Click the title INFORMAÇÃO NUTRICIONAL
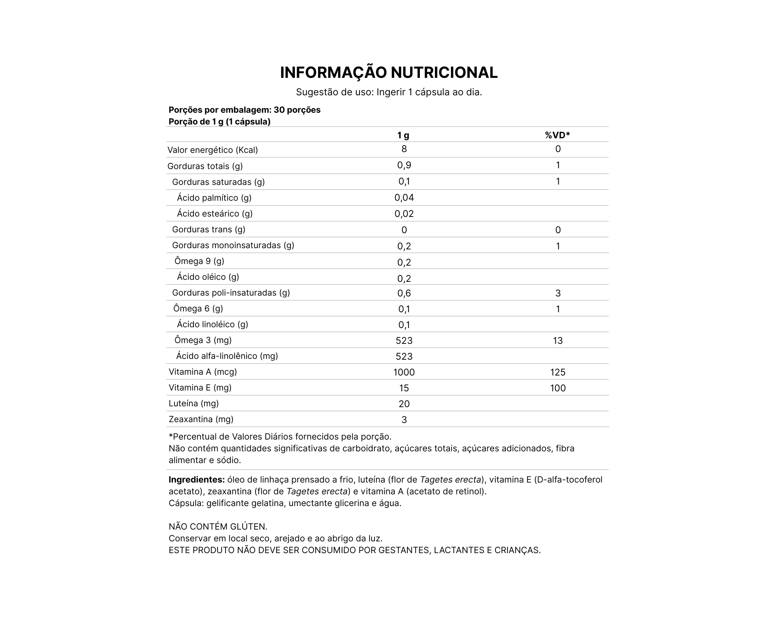pyautogui.click(x=389, y=73)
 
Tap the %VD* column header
pyautogui.click(x=557, y=135)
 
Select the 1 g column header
pyautogui.click(x=403, y=135)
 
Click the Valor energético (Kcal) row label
pyautogui.click(x=213, y=150)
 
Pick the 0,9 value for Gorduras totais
pyautogui.click(x=404, y=165)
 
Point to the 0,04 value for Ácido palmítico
pyautogui.click(x=404, y=198)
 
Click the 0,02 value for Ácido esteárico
pyautogui.click(x=404, y=214)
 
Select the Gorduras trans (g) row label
pyautogui.click(x=209, y=230)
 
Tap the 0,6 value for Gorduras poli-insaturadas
pyautogui.click(x=404, y=293)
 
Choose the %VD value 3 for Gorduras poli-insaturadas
pyautogui.click(x=558, y=293)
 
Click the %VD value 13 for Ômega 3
pyautogui.click(x=558, y=341)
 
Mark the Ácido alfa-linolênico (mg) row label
pyautogui.click(x=227, y=356)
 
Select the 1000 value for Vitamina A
pyautogui.click(x=404, y=372)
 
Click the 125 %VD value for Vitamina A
pyautogui.click(x=558, y=372)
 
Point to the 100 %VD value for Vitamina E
pyautogui.click(x=558, y=388)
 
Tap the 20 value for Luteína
pyautogui.click(x=404, y=404)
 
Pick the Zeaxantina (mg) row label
pyautogui.click(x=201, y=419)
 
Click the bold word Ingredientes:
pyautogui.click(x=196, y=480)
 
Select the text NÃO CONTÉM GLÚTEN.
pyautogui.click(x=218, y=527)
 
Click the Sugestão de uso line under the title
pyautogui.click(x=389, y=92)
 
